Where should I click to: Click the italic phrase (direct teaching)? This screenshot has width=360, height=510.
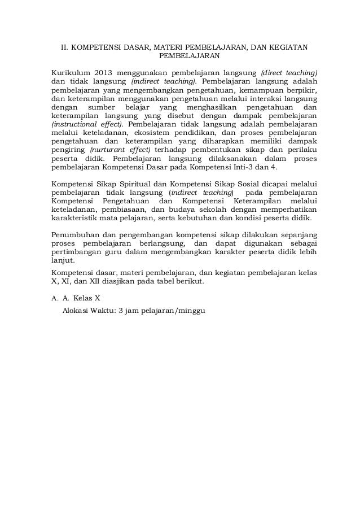tap(289, 73)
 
